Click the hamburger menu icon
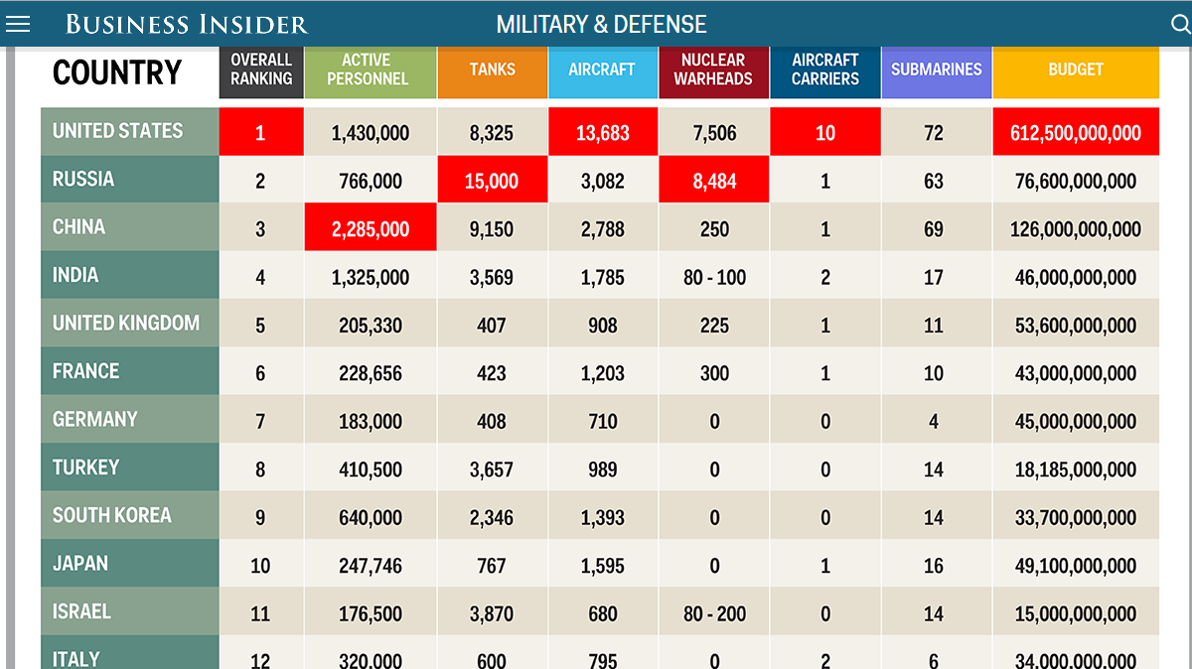pos(18,25)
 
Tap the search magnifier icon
pos(1180,25)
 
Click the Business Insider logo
pos(187,25)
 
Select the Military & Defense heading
pos(601,25)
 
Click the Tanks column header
pos(493,69)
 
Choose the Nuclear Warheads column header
pos(713,69)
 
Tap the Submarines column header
pos(936,69)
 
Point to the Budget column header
pos(1076,69)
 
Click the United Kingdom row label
pos(126,324)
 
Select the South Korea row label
pos(112,516)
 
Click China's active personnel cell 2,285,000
pos(371,229)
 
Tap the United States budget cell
pos(1076,133)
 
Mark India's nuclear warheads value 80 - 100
pos(714,278)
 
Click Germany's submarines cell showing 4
pos(934,422)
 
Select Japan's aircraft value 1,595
pos(603,566)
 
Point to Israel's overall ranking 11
pos(260,614)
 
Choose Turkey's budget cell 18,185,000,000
pos(1076,469)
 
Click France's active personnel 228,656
pos(371,374)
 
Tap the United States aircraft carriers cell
pos(825,133)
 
